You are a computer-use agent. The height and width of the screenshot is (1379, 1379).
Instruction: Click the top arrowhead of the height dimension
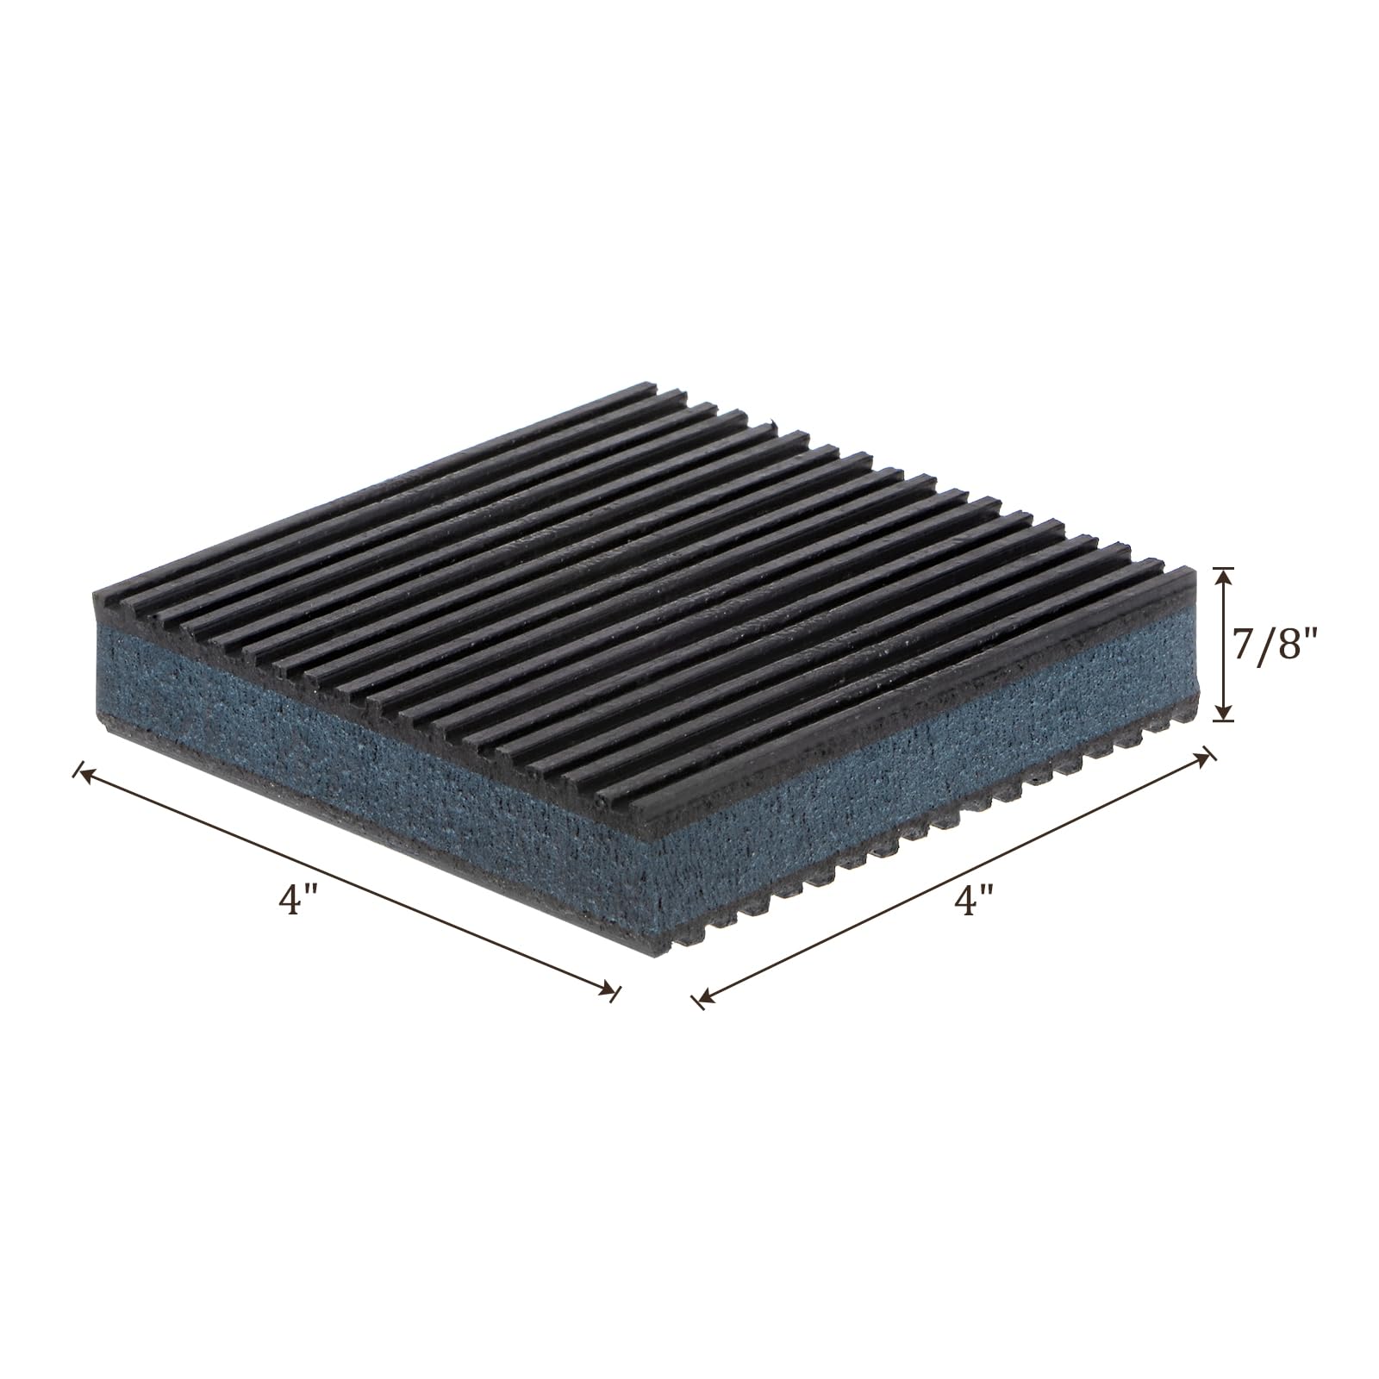click(x=1223, y=575)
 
